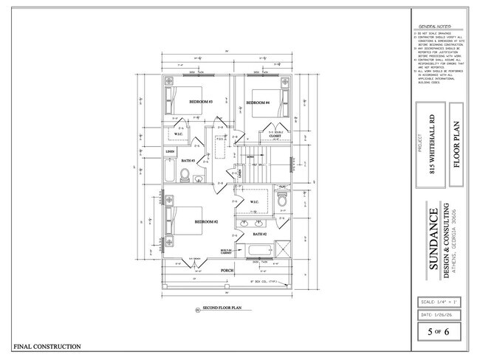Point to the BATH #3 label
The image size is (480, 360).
(x=187, y=160)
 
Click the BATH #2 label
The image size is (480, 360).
(x=260, y=234)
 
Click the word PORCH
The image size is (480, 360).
(x=227, y=271)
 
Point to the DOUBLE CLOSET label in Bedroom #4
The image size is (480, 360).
(x=274, y=136)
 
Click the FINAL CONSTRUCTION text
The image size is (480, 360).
(x=47, y=346)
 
